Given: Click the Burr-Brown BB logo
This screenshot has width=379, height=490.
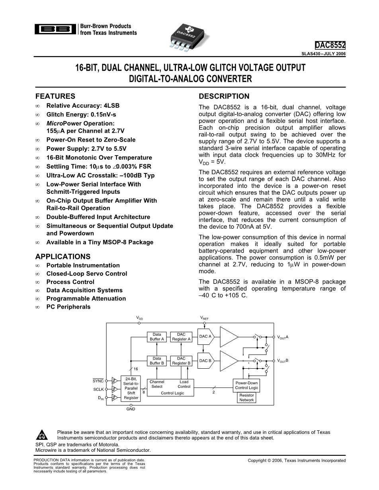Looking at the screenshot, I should pyautogui.click(x=56, y=29).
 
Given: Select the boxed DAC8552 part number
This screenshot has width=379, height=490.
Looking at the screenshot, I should pyautogui.click(x=330, y=45).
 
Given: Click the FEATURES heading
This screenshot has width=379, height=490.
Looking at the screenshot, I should pyautogui.click(x=55, y=96).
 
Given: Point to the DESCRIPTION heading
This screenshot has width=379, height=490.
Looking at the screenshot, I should pyautogui.click(x=224, y=96).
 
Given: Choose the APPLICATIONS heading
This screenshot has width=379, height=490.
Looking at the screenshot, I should pyautogui.click(x=63, y=257).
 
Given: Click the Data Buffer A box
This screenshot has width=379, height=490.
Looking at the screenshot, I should pyautogui.click(x=157, y=337).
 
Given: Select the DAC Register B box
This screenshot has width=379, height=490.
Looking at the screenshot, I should pyautogui.click(x=181, y=361).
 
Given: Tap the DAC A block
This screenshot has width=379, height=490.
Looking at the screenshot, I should pyautogui.click(x=206, y=336).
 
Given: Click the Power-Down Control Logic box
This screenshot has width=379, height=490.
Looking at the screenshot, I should pyautogui.click(x=247, y=385).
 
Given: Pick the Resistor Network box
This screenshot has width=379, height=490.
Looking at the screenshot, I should pyautogui.click(x=246, y=397).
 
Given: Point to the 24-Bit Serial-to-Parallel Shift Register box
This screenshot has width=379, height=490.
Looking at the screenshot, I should pyautogui.click(x=131, y=388).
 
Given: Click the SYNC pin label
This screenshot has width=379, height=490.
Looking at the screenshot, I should pyautogui.click(x=98, y=381).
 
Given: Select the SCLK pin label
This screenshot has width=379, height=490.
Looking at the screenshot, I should pyautogui.click(x=98, y=389).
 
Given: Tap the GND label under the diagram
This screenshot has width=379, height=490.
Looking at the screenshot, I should pyautogui.click(x=131, y=409).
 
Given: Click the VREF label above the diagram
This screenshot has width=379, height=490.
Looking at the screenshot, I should pyautogui.click(x=205, y=318).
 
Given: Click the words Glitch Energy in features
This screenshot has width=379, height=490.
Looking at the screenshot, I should pyautogui.click(x=65, y=114).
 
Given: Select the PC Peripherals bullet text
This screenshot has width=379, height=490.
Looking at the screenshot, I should pyautogui.click(x=68, y=307).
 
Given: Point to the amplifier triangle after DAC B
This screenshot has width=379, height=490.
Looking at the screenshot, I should pyautogui.click(x=228, y=361).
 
